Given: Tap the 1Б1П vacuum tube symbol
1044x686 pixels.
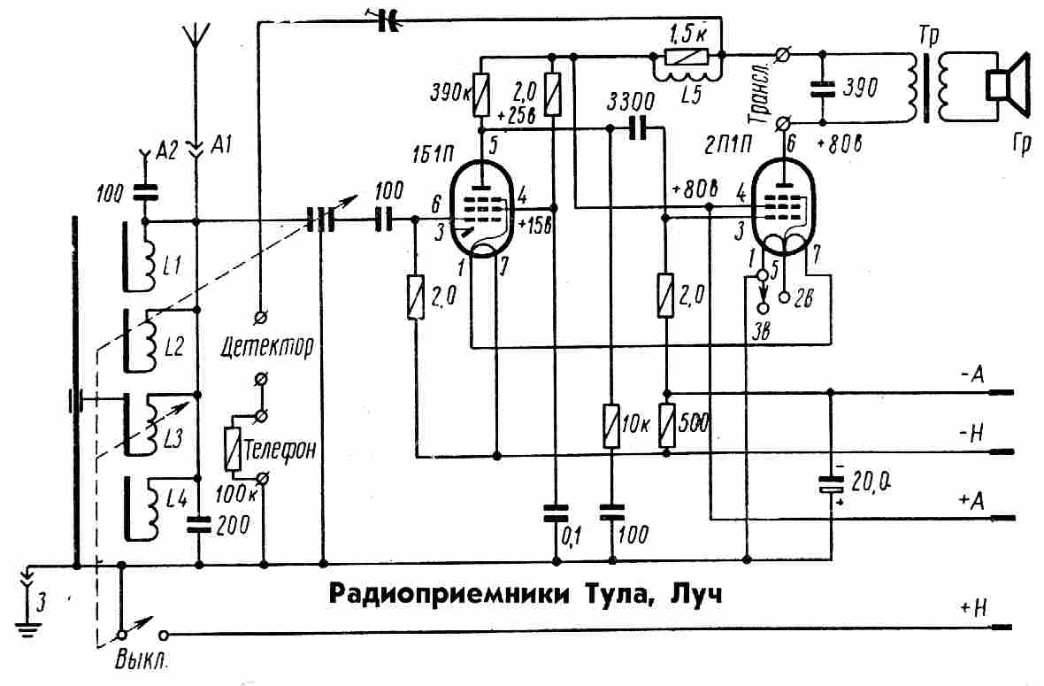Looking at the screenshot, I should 480,209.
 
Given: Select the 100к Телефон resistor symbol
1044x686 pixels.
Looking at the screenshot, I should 233,447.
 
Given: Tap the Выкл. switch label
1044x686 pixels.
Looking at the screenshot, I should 141,660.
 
